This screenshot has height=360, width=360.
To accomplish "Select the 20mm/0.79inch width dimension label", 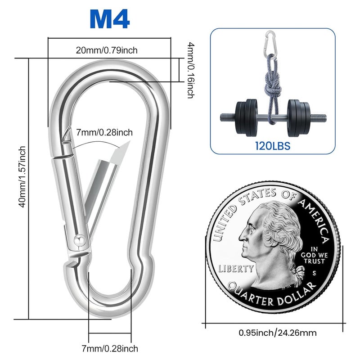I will pos(107,50).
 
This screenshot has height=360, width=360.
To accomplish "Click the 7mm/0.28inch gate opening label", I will pos(104,132).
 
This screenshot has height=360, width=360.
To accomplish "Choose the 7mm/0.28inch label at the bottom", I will pos(110,348).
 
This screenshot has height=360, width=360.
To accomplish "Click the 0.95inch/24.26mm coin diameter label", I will pos(278,333).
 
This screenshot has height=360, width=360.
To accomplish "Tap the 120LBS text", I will pos(272,146).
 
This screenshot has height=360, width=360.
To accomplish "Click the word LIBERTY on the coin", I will pos(236,269).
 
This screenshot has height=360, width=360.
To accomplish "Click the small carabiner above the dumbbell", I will pos(270,43).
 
